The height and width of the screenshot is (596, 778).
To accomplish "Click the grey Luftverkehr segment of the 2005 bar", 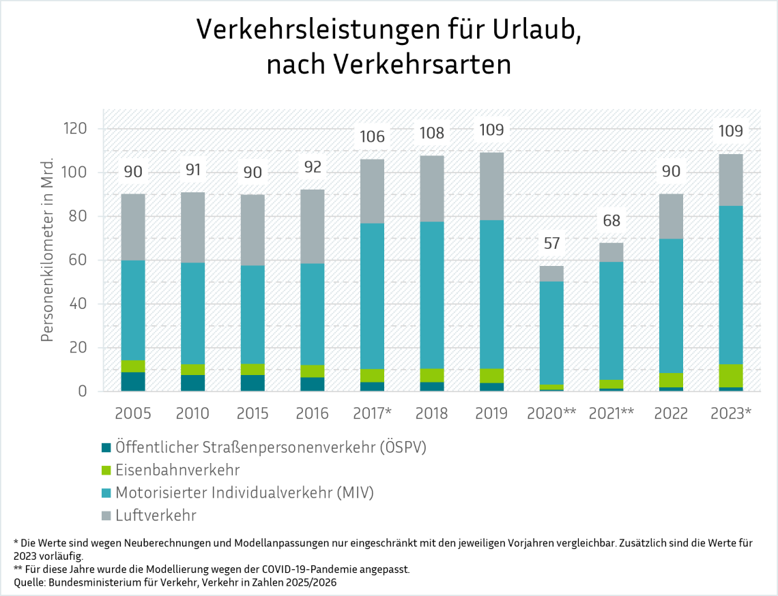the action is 133,227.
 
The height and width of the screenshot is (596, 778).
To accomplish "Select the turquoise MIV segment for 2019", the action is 491,294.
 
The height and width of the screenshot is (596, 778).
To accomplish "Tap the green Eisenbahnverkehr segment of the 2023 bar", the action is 731,376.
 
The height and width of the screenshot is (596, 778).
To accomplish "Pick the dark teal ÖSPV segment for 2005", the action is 133,381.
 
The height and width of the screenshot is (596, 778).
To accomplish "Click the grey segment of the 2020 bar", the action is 551,273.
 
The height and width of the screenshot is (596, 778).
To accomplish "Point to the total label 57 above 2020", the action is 551,243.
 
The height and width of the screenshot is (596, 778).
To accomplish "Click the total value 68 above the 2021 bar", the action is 611,220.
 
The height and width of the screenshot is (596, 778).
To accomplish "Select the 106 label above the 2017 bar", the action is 372,136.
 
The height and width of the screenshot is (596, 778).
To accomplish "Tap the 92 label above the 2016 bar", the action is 313,167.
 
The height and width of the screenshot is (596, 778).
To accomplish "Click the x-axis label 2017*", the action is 372,413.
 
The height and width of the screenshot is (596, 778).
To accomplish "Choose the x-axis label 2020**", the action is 551,413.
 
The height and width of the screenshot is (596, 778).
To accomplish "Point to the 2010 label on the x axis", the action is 192,413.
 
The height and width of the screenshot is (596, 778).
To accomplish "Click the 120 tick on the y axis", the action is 75,128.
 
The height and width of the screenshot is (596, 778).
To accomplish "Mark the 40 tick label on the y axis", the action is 78,303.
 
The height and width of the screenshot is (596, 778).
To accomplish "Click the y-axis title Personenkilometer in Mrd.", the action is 47,250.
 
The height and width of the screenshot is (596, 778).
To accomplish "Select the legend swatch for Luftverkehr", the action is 106,516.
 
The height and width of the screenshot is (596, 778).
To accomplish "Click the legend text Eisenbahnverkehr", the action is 177,470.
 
